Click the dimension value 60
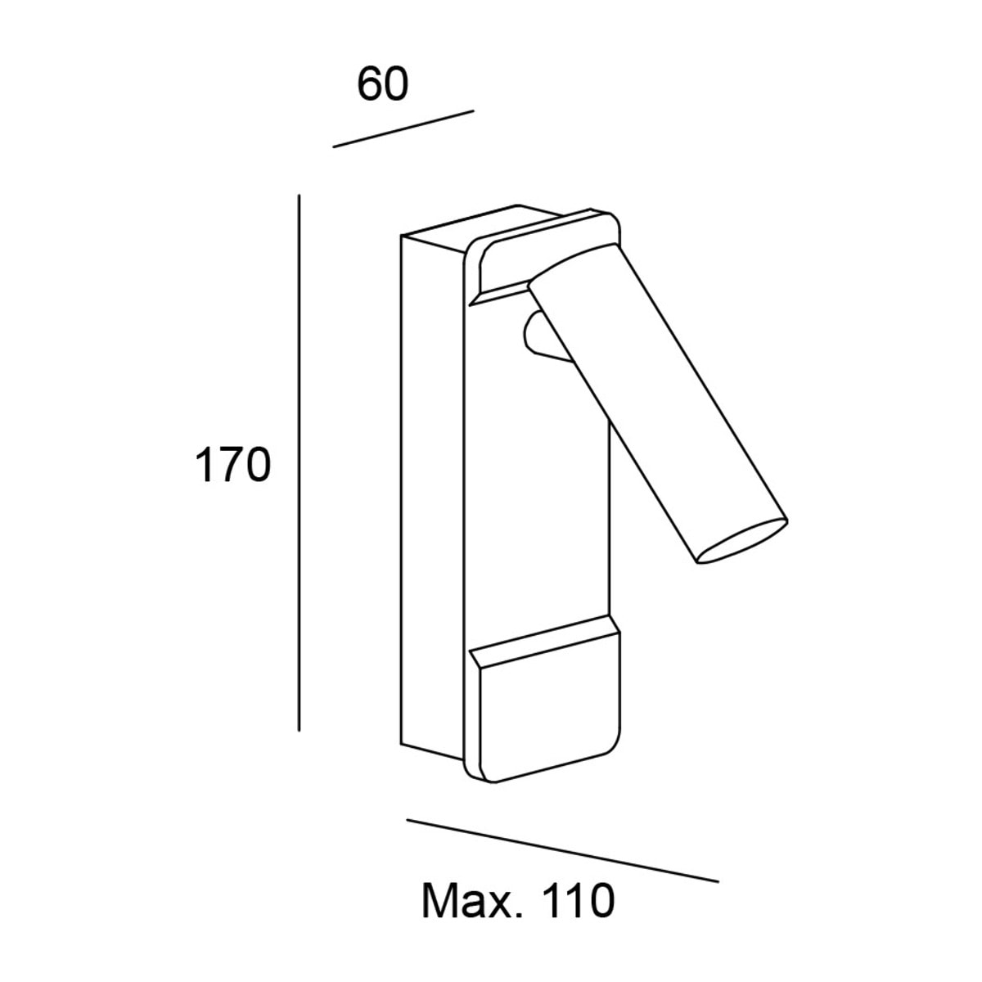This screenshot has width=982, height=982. coord(382,84)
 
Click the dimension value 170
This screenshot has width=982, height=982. coord(233,464)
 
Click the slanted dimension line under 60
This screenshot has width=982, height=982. coord(403,128)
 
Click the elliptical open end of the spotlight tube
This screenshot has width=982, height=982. coord(742,543)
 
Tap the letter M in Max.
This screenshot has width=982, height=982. coord(439,902)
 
